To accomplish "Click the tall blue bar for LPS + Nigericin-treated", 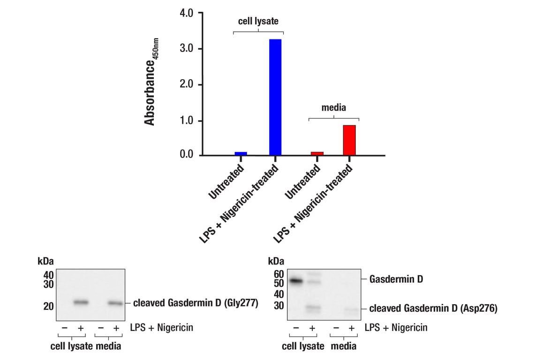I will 275,97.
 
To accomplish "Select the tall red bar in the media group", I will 349,140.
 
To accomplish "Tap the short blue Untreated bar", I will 241,153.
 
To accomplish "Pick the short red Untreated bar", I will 317,153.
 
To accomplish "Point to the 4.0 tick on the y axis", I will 187,13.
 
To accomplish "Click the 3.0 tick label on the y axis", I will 187,49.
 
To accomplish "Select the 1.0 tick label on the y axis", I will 187,120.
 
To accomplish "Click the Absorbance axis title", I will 150,82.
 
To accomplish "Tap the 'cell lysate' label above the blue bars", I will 258,21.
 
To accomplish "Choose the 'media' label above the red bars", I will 333,108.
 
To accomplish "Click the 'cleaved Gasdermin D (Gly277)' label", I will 196,303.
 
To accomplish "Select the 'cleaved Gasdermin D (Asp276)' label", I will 433,308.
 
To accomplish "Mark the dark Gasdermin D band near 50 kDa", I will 296,281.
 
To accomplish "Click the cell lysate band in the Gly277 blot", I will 81,302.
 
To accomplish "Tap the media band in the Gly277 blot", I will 115,303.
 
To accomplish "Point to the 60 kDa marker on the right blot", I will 279,274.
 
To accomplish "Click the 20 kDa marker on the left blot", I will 48,306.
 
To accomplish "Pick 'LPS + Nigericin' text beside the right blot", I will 396,327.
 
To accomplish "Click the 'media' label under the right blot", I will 343,346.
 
